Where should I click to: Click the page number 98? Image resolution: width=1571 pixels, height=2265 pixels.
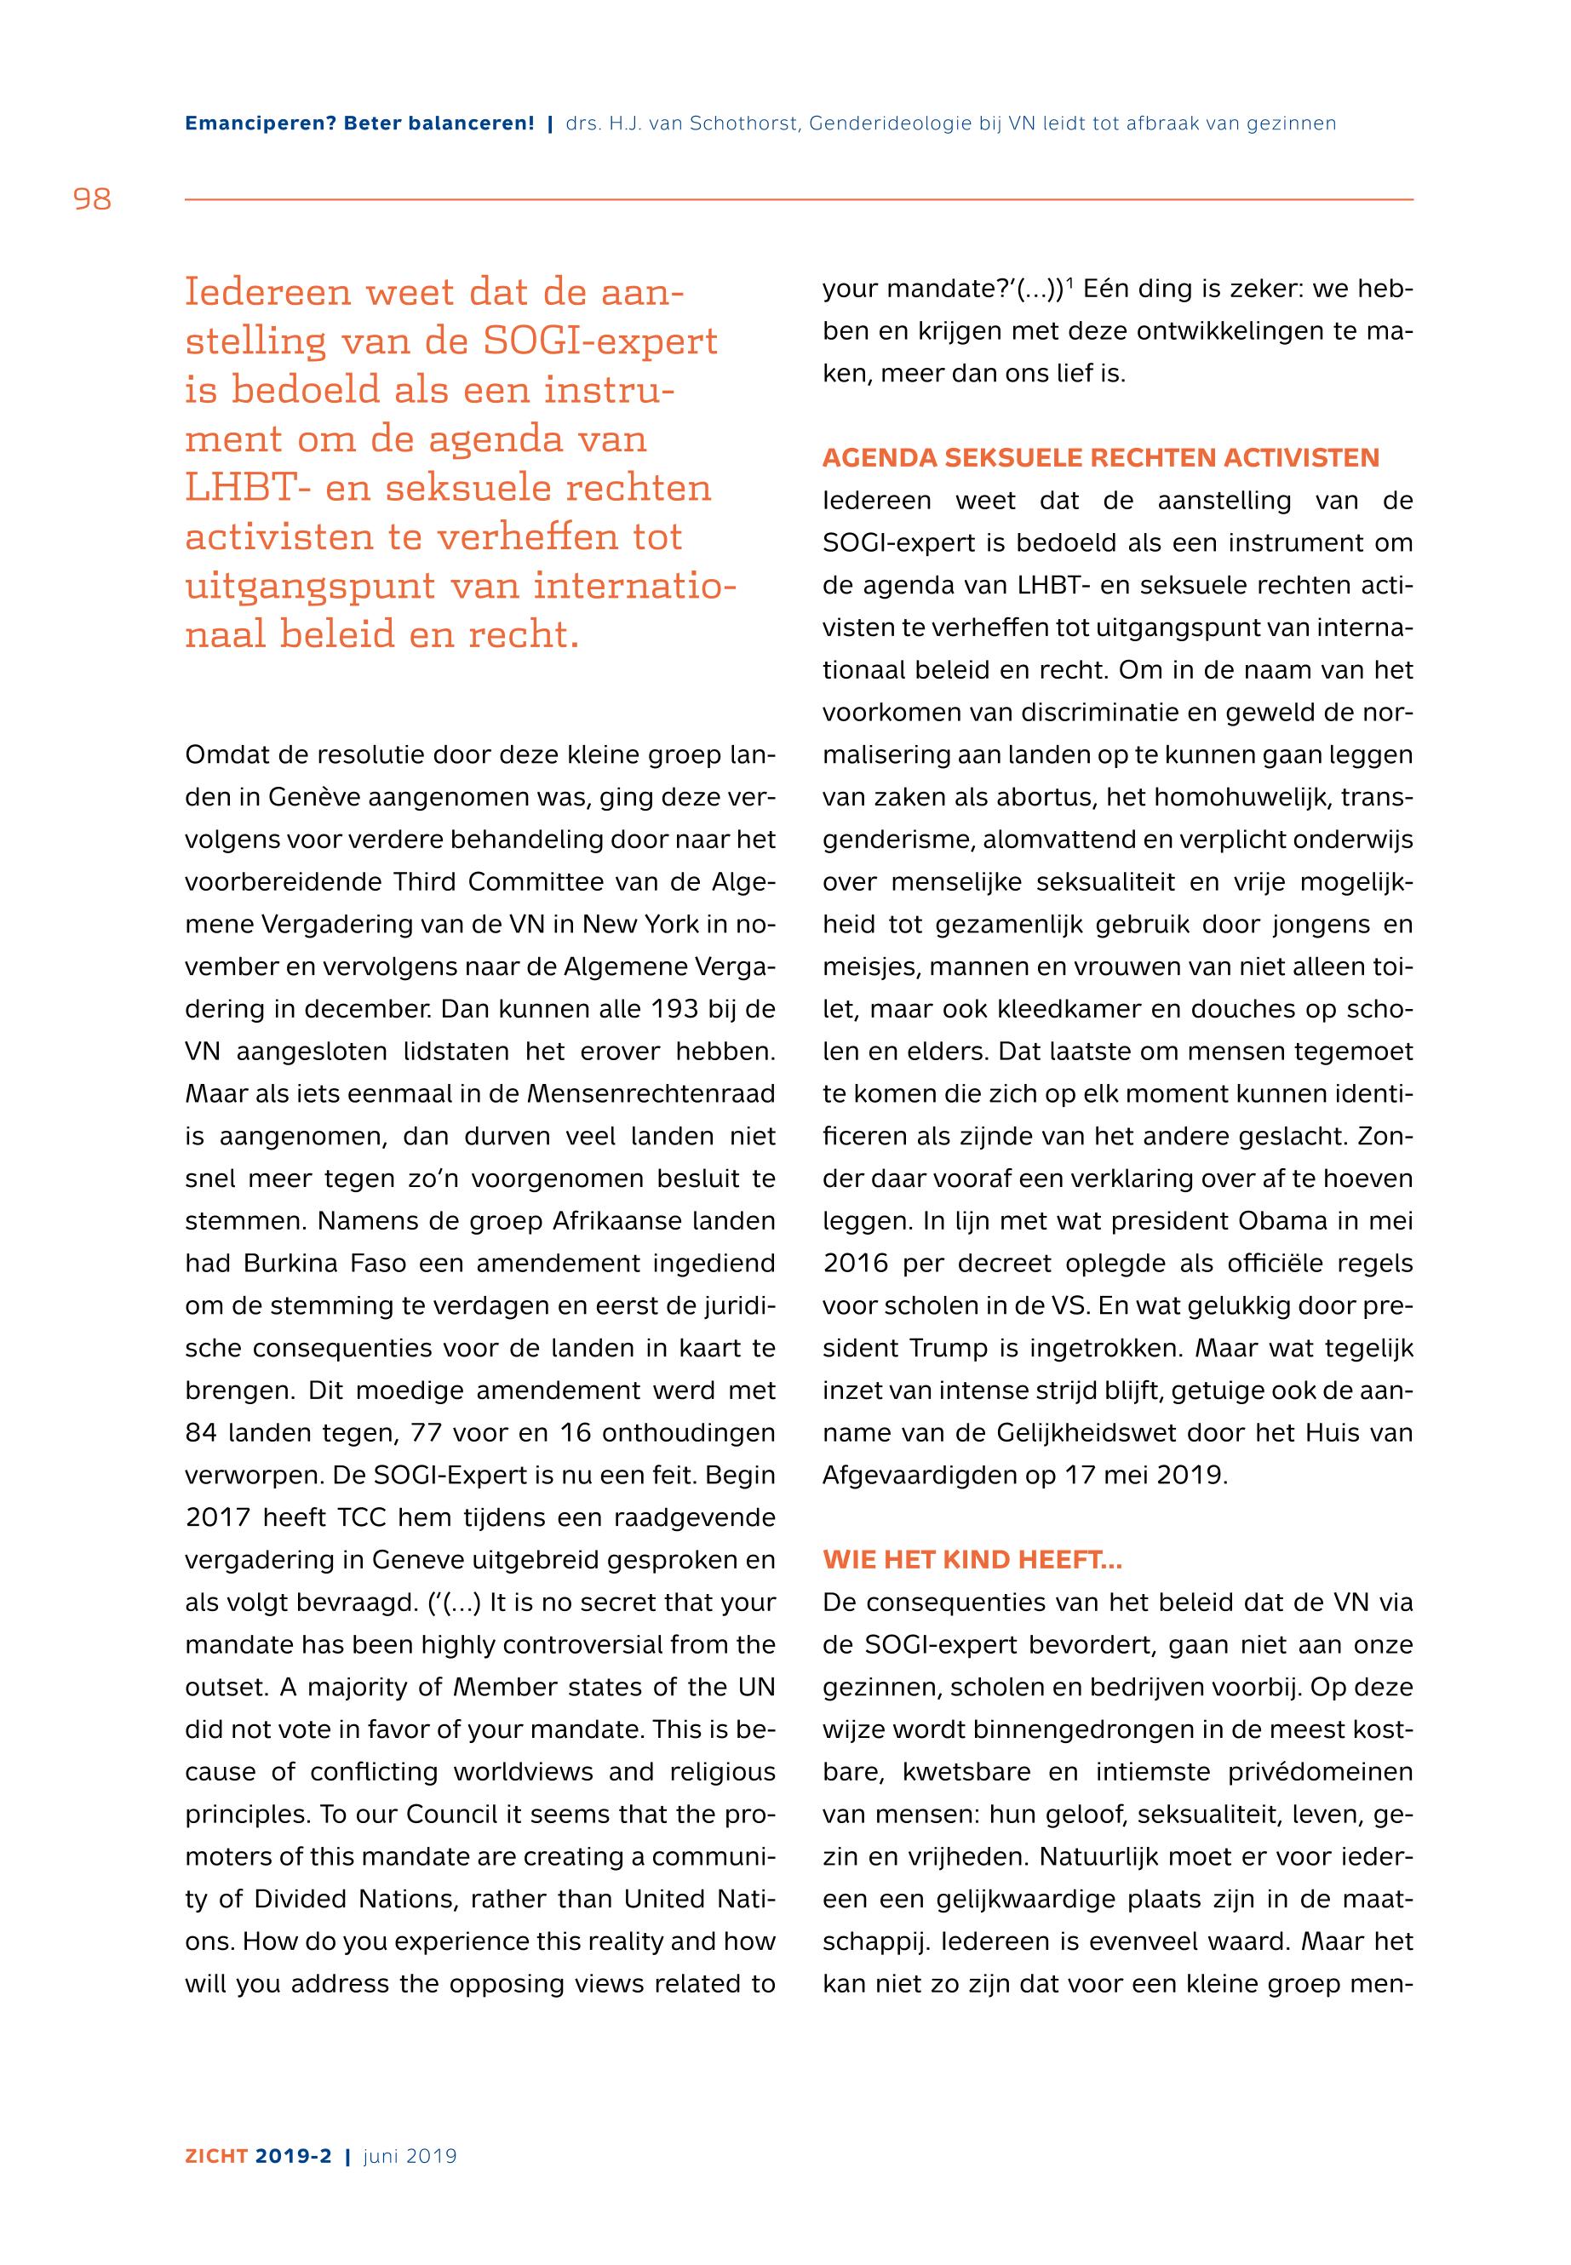pos(93,200)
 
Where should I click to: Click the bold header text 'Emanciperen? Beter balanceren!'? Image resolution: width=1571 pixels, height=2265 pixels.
pos(359,124)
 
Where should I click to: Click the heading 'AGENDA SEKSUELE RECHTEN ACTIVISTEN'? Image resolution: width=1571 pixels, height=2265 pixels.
pos(1102,458)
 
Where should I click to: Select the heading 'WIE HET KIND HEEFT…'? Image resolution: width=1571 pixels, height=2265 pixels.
pos(972,1560)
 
